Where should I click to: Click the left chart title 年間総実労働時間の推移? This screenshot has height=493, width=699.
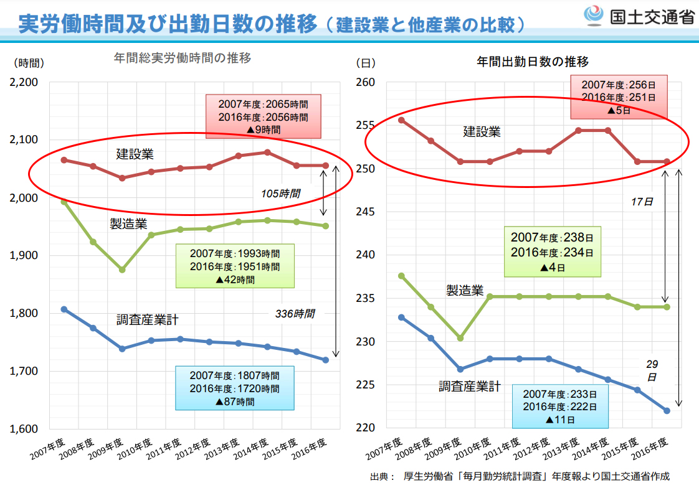(x=183, y=59)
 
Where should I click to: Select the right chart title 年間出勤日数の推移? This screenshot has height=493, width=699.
(x=533, y=62)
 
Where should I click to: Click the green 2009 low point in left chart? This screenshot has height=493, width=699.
(x=122, y=270)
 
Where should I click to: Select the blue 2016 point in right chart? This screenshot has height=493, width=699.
(x=667, y=411)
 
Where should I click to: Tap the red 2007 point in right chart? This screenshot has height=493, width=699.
(x=402, y=120)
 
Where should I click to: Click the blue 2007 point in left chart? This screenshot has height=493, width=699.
(x=64, y=309)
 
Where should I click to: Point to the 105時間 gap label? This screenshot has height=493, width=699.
(x=280, y=194)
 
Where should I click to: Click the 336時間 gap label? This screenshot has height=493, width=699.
(x=295, y=314)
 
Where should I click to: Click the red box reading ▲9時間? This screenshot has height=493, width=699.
(x=263, y=116)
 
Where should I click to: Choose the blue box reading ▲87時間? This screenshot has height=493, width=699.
(x=235, y=388)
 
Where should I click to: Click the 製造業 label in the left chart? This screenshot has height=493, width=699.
(x=128, y=224)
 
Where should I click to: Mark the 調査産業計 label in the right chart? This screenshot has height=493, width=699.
(x=469, y=387)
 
